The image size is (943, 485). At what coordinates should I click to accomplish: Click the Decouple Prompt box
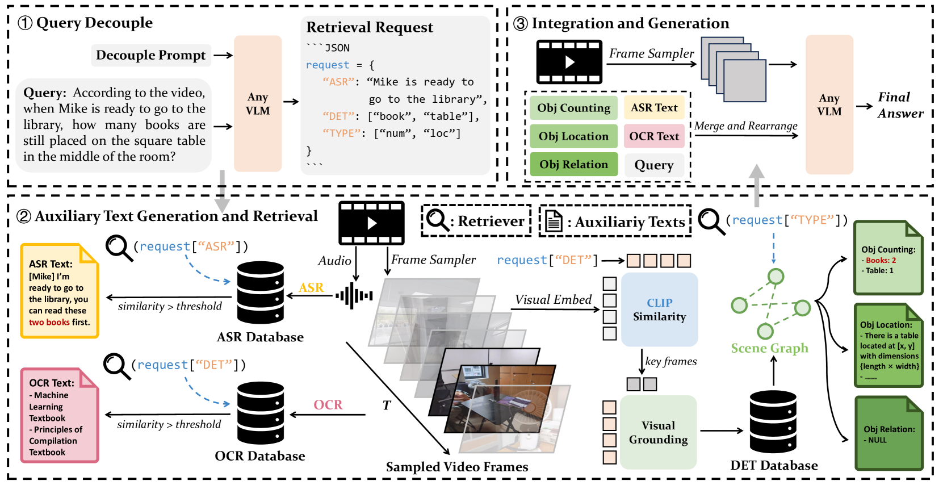[151, 55]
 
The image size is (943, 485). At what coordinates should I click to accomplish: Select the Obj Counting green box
[573, 108]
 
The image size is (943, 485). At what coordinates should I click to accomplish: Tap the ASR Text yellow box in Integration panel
[654, 107]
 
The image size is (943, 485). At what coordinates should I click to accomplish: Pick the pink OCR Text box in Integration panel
[654, 136]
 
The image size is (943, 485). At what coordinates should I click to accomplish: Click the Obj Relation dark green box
[573, 165]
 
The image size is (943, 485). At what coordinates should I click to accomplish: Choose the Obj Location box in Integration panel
[573, 136]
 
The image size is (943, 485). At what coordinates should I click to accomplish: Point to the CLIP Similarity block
[659, 310]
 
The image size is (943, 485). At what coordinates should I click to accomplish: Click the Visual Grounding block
[658, 432]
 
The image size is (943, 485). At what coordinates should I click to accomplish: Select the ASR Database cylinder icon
[261, 292]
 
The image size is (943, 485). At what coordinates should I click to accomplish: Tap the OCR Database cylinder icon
[261, 413]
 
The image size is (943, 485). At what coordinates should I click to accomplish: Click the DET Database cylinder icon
[773, 421]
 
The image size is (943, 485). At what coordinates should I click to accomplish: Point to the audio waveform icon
[354, 296]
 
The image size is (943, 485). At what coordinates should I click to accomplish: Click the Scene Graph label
[769, 348]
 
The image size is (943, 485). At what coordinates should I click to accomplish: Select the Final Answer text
[900, 106]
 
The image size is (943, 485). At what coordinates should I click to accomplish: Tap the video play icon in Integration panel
[569, 62]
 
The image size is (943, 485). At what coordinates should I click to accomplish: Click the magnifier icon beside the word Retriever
[438, 220]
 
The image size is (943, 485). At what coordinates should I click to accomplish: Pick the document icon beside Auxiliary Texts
[553, 221]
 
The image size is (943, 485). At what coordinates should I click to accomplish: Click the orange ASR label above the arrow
[311, 288]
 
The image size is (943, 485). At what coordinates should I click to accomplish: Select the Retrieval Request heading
[370, 27]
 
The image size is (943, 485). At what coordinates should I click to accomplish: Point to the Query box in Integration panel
[654, 165]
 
